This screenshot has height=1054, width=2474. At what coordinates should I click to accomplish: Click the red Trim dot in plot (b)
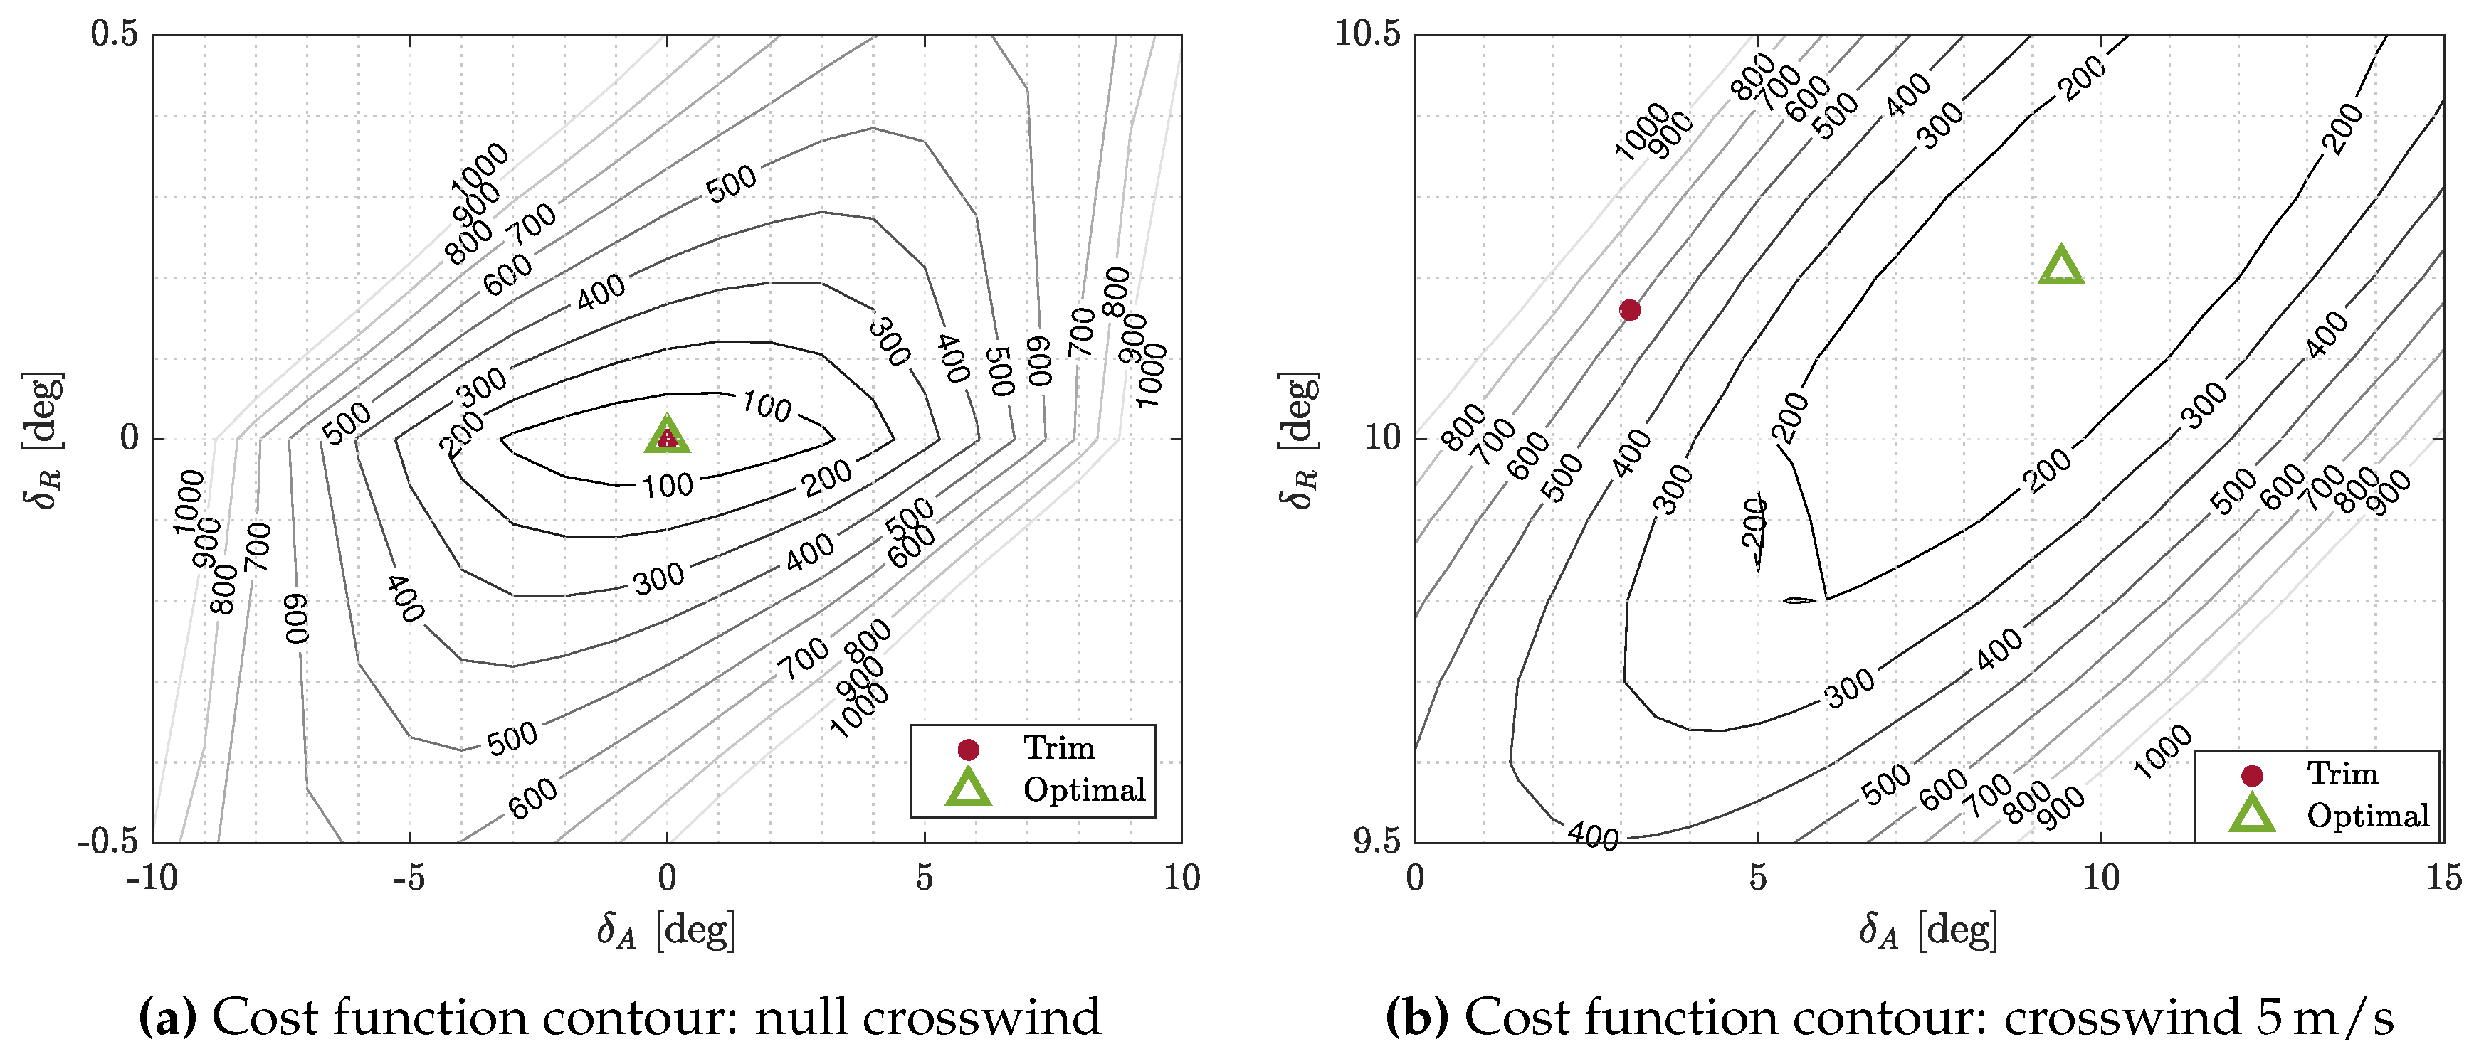point(1630,310)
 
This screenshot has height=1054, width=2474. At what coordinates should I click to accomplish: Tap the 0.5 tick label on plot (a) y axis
point(115,35)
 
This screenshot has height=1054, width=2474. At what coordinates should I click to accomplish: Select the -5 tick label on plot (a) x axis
point(409,878)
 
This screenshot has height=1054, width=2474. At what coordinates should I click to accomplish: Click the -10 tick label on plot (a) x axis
point(153,878)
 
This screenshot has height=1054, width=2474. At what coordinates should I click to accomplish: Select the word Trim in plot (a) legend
point(1058,747)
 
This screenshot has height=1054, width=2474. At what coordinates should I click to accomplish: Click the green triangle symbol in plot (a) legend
point(968,787)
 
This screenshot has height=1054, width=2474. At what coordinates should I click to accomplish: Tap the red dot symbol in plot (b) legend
point(2251,774)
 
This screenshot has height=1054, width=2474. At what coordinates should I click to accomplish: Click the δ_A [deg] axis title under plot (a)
point(666,930)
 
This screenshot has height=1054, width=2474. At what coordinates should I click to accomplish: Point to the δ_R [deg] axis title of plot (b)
point(1297,440)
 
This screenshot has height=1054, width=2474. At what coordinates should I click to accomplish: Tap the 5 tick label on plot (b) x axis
point(1757,878)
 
